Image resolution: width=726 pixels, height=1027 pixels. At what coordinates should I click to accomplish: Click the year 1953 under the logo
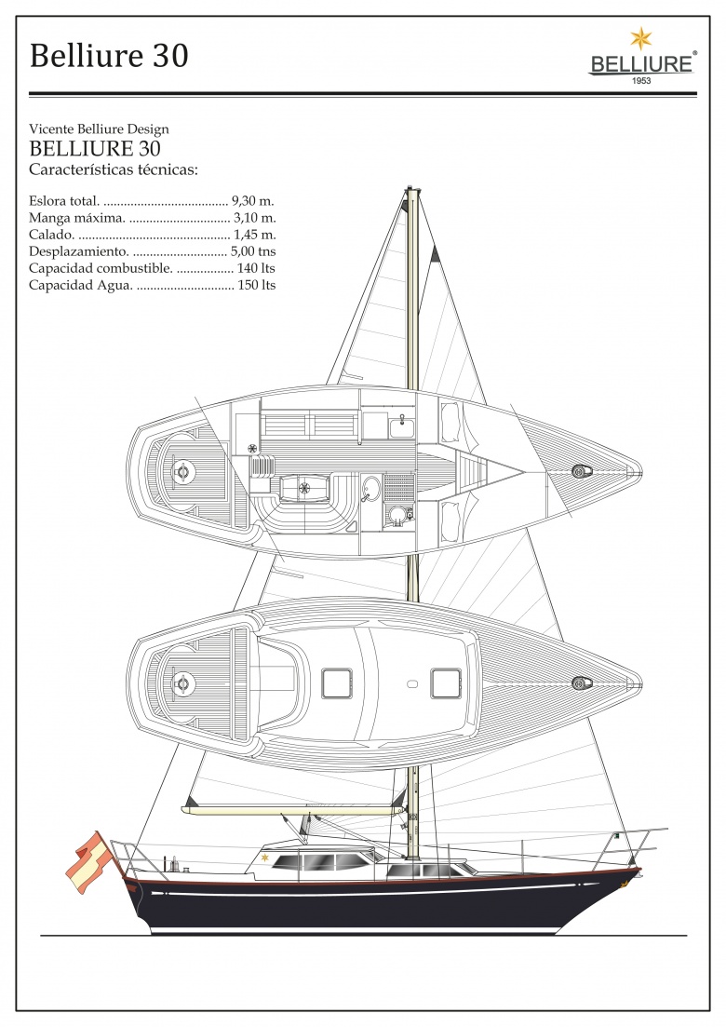641,81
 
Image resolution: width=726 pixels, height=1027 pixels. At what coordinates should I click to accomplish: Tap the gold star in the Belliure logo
641,38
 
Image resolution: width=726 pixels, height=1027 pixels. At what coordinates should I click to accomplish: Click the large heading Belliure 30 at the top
109,56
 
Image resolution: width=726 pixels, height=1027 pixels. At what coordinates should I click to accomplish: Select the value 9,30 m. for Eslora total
252,201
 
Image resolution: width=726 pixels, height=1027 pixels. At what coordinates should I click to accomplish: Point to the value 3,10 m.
255,218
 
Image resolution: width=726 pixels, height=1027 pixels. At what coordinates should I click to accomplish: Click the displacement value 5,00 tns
253,251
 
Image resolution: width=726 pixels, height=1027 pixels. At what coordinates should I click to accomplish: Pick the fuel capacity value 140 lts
256,268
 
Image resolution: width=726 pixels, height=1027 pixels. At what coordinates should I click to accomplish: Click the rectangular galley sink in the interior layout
399,427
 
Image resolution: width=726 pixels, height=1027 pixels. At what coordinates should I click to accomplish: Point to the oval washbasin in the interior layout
371,488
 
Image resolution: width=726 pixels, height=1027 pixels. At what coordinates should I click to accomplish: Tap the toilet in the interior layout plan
397,516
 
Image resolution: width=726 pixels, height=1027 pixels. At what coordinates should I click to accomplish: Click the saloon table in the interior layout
305,487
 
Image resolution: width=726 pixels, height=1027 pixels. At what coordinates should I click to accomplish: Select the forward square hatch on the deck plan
447,683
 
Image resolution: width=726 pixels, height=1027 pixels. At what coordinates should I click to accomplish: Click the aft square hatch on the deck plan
337,683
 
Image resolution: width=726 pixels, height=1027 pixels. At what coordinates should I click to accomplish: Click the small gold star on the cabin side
265,858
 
